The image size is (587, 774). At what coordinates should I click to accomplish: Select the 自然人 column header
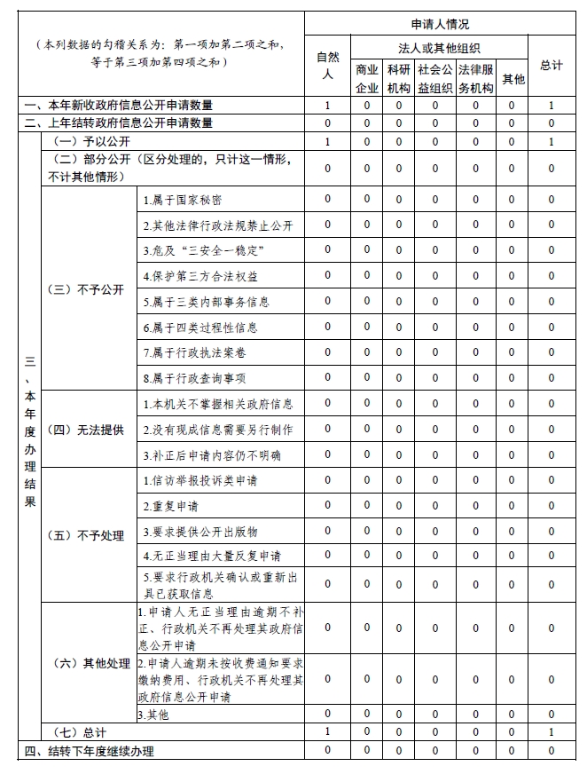pos(327,66)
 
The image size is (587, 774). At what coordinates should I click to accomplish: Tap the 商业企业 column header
pos(367,78)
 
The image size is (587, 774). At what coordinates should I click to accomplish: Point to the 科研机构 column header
pos(399,78)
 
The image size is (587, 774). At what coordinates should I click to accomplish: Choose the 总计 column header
pos(551,66)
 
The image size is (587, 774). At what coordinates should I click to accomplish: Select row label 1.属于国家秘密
pos(184,201)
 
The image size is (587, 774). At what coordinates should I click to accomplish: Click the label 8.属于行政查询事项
pos(195,379)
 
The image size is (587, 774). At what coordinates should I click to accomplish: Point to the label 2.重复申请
pos(171,507)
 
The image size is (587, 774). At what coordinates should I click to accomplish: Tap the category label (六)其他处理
pos(89,664)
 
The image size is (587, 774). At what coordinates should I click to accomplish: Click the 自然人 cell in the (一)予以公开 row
pos(327,142)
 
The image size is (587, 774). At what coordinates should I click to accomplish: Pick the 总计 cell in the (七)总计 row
pos(551,732)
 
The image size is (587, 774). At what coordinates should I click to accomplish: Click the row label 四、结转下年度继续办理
pos(90,752)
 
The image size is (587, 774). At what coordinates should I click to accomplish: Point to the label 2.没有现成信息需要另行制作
pos(217,430)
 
